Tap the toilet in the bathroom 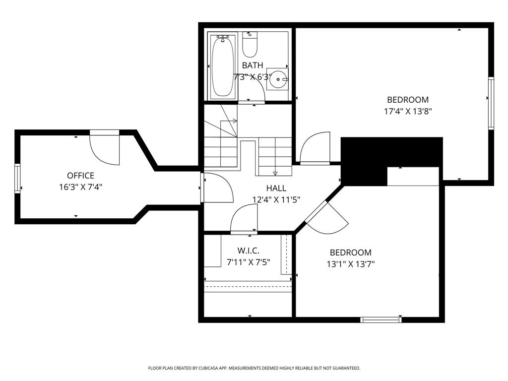(x=250, y=45)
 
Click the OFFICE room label (x=80, y=176)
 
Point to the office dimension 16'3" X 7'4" (x=80, y=187)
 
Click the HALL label (x=276, y=188)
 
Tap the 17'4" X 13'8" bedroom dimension (x=408, y=112)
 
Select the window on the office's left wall (x=18, y=178)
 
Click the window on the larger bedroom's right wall (x=491, y=103)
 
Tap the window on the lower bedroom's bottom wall (x=381, y=319)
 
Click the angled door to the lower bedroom (x=327, y=218)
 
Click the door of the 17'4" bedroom (x=315, y=148)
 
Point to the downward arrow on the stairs (x=275, y=173)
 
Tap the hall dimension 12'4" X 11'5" (x=276, y=199)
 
